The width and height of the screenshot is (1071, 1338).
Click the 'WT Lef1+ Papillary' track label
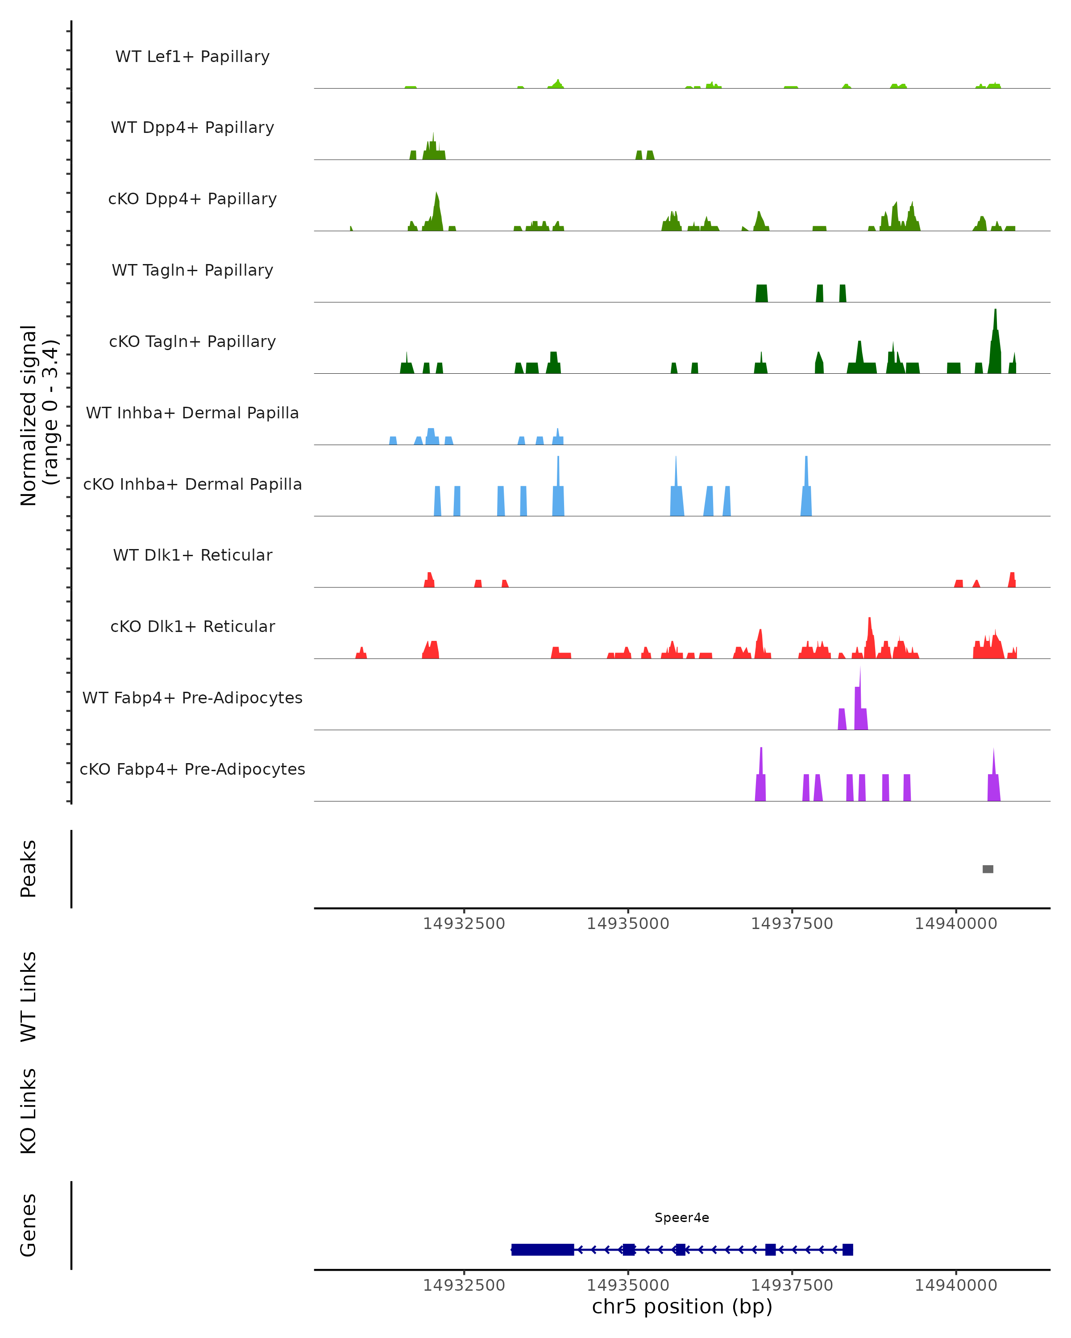(192, 57)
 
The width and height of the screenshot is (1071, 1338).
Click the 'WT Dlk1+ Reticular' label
(192, 555)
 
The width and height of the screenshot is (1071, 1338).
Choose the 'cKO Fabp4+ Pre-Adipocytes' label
(192, 769)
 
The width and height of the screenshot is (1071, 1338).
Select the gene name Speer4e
(682, 1218)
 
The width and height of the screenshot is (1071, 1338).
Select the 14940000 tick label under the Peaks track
(955, 924)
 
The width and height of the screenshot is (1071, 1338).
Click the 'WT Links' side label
(29, 996)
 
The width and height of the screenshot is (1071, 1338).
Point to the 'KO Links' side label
(29, 1111)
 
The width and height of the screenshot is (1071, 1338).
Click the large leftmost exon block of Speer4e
(542, 1249)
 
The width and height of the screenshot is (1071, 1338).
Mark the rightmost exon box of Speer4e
(847, 1249)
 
